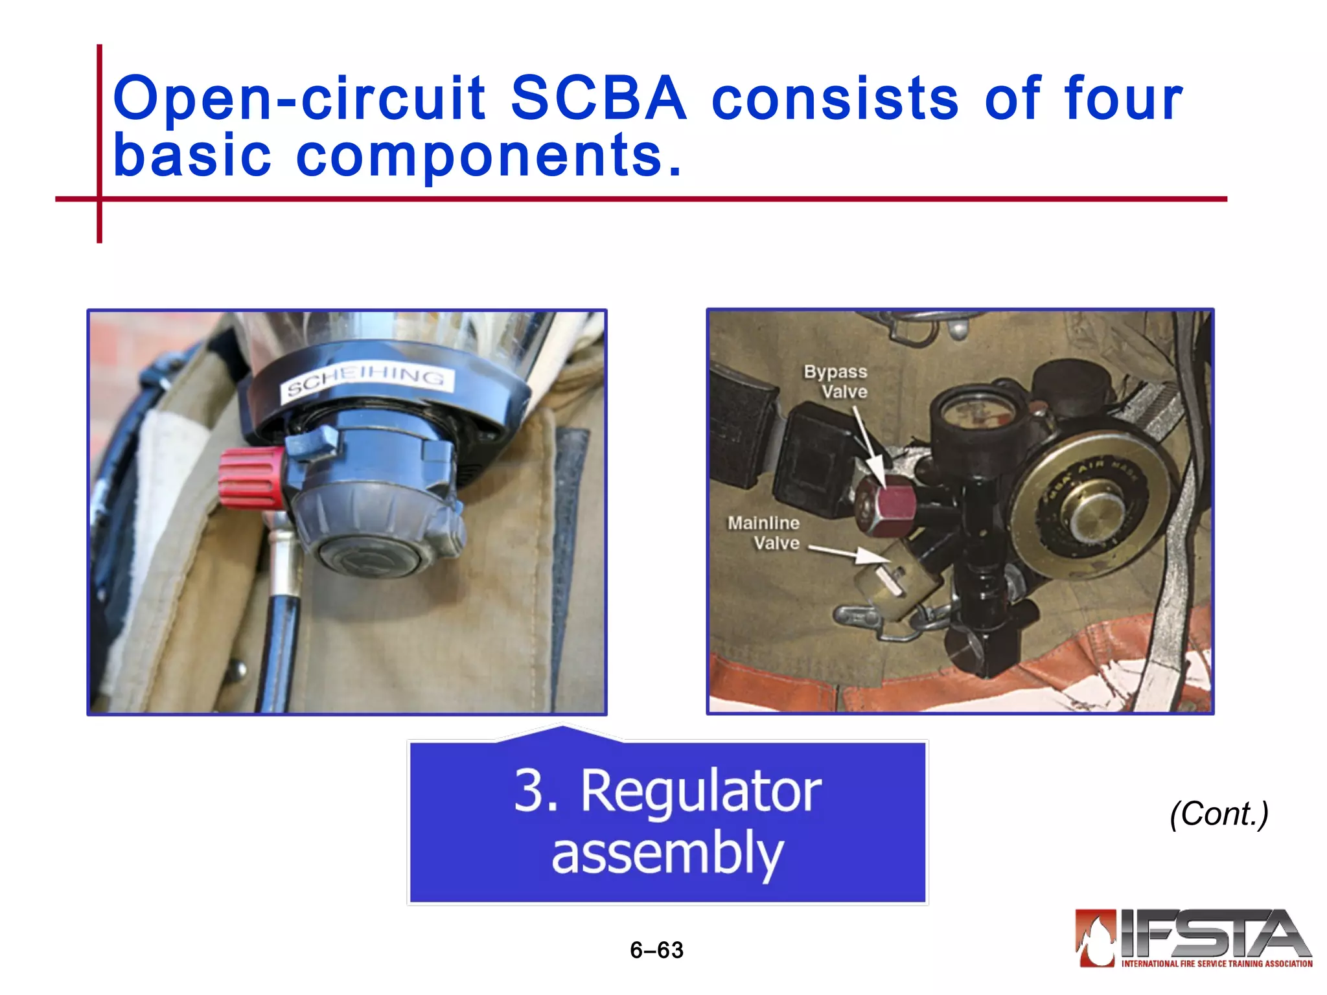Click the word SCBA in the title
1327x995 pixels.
click(598, 98)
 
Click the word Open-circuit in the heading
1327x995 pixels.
click(299, 98)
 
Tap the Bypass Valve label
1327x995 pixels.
click(837, 382)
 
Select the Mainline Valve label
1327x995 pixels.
click(765, 532)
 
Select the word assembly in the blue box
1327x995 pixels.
click(667, 854)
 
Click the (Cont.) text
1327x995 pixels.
click(1219, 814)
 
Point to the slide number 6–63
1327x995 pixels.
click(656, 950)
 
